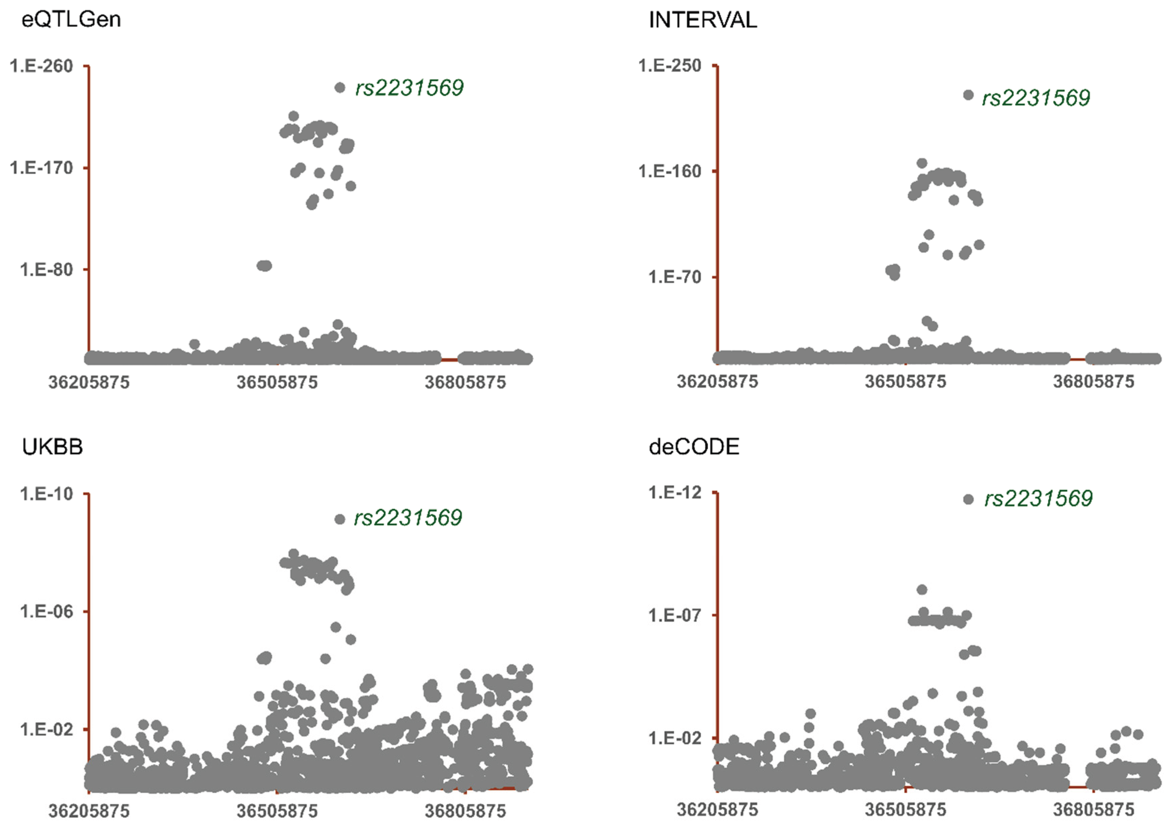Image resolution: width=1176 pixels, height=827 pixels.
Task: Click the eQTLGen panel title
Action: pos(71,20)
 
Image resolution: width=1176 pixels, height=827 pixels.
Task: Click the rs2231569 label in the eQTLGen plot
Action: pos(409,88)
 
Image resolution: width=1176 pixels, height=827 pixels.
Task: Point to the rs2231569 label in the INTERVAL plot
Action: pos(1036,98)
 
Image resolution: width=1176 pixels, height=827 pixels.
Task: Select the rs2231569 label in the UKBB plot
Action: pos(408,518)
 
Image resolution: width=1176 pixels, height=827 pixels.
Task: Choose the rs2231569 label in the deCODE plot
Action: pos(1038,498)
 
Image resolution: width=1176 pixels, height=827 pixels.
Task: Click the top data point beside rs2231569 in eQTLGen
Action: pos(339,88)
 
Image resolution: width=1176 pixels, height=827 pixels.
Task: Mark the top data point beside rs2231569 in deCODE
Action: pos(968,499)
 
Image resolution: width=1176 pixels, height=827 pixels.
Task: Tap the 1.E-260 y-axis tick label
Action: pos(41,66)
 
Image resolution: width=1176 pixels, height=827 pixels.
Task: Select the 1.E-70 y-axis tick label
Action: pos(675,277)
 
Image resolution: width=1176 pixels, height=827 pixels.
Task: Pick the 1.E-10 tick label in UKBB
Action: pos(47,494)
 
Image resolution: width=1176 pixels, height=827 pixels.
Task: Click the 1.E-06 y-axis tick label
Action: pos(47,611)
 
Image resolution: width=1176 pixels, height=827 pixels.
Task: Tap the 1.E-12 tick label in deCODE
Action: pos(675,493)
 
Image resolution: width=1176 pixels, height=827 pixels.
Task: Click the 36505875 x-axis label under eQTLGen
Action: pos(277,382)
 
